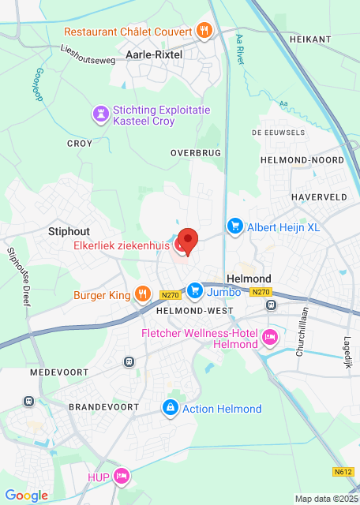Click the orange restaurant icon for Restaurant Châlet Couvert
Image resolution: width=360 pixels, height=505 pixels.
click(204, 32)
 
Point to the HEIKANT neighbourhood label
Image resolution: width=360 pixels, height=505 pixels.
click(309, 39)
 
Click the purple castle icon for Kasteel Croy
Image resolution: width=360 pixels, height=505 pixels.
click(100, 115)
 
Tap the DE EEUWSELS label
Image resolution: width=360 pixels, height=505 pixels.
click(278, 133)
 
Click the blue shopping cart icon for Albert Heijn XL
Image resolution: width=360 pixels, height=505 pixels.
click(234, 227)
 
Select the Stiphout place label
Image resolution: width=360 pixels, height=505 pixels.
click(69, 231)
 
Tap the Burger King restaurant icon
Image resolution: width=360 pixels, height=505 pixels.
click(142, 295)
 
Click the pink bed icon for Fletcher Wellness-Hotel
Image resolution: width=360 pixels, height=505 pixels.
click(270, 338)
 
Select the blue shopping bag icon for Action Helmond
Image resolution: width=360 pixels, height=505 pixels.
click(169, 408)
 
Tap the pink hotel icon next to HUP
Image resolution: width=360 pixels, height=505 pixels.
click(121, 476)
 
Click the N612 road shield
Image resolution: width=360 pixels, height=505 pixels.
click(343, 472)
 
